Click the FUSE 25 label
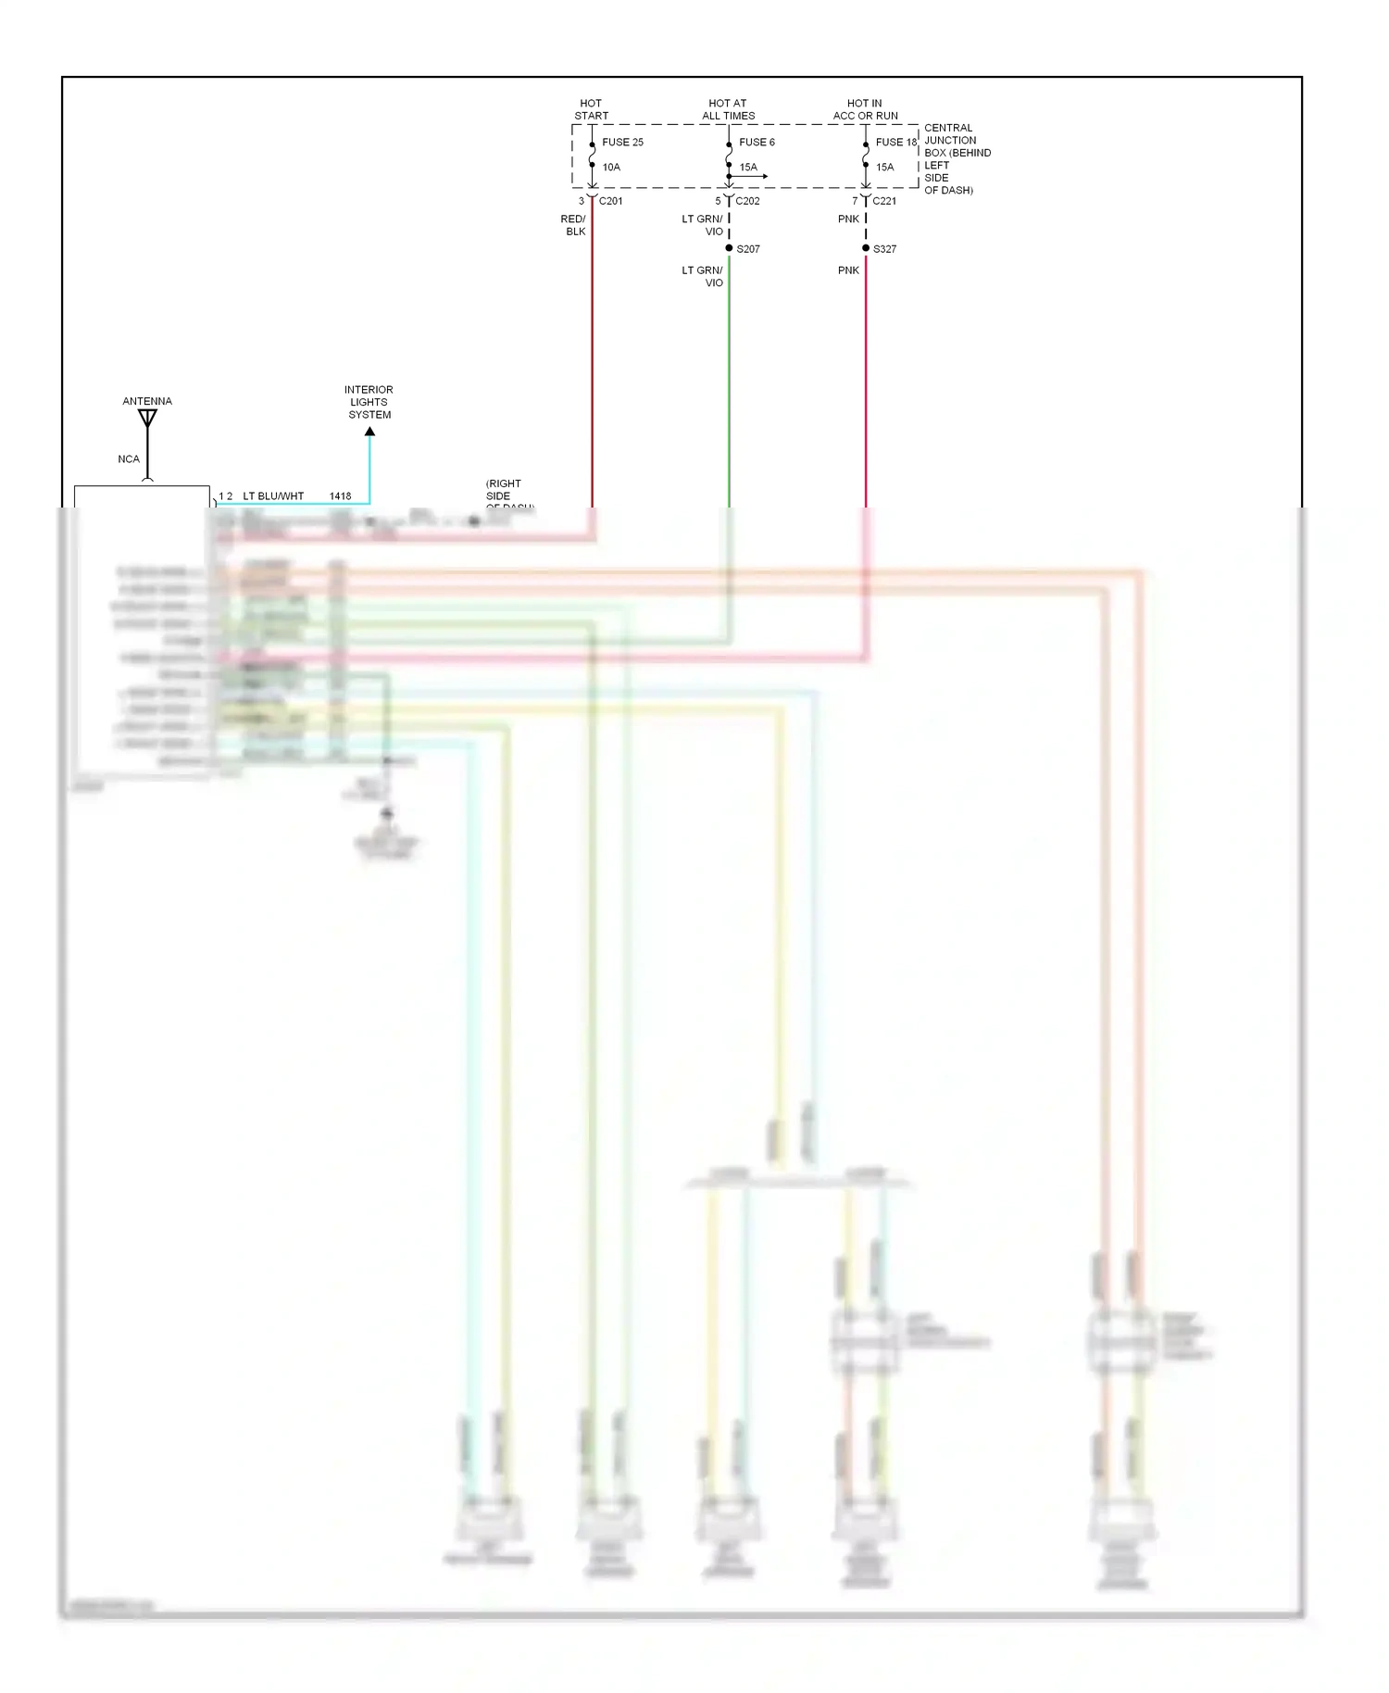622,142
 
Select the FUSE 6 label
757,142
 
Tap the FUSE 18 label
895,142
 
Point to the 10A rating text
611,167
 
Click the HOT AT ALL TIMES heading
728,109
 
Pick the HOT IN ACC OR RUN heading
865,109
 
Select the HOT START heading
591,109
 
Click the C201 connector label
610,201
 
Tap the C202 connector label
747,201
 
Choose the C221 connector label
884,201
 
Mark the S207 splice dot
729,248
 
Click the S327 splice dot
866,248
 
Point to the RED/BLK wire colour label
573,225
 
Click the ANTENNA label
147,401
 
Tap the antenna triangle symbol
147,418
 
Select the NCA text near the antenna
129,459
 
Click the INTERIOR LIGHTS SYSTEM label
369,402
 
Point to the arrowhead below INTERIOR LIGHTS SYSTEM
369,432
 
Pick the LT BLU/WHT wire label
273,496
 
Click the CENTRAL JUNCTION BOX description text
957,158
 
